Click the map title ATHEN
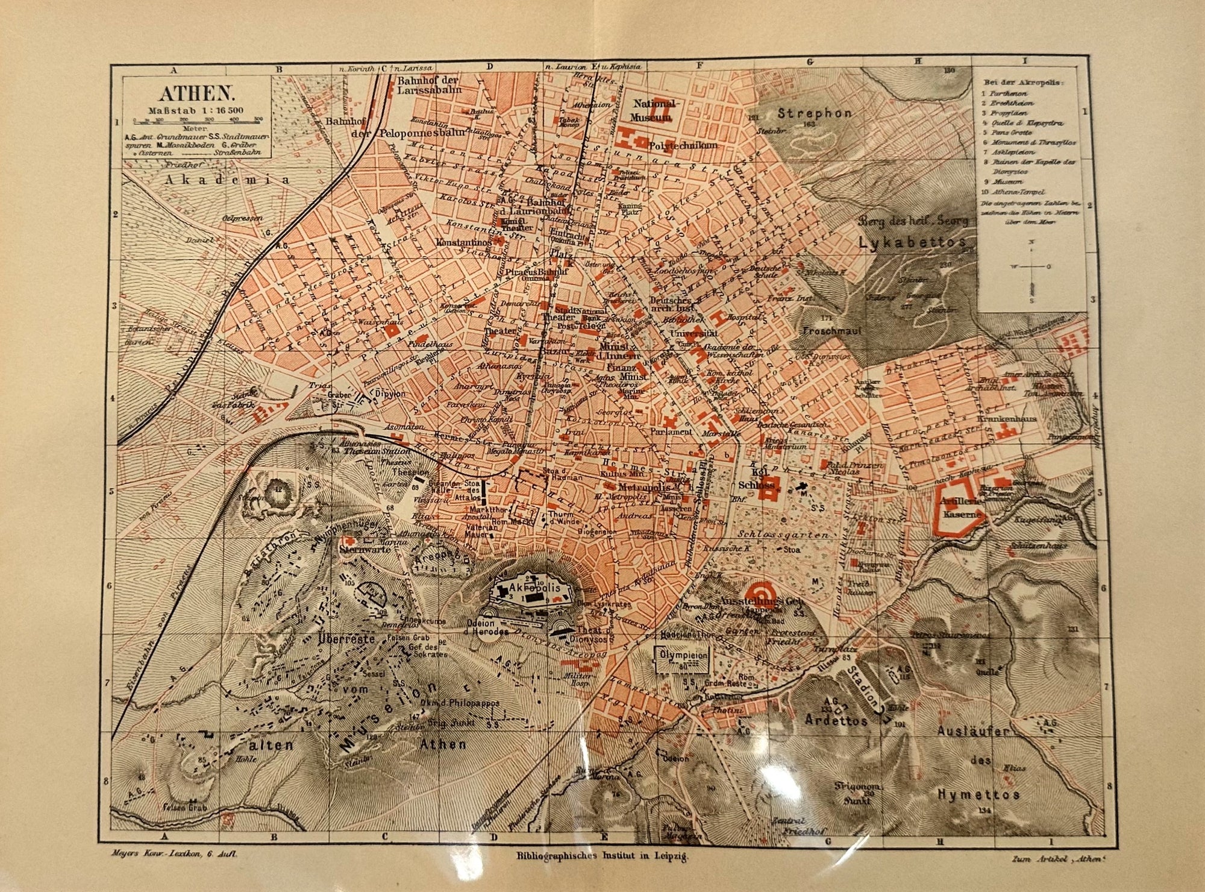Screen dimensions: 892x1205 click(195, 93)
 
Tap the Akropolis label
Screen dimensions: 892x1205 click(535, 587)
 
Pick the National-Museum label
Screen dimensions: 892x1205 click(654, 110)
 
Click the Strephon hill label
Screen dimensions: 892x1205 click(815, 113)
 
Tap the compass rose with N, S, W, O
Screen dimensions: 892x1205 click(1033, 267)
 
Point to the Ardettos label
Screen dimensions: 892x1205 click(836, 720)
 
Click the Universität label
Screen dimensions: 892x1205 click(694, 333)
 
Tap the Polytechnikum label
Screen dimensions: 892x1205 click(683, 145)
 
